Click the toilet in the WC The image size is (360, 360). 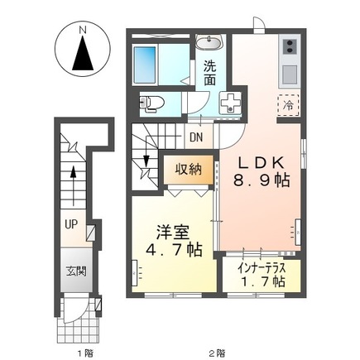[x=152, y=103]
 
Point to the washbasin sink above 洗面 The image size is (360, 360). [x=209, y=41]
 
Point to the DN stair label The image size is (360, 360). [x=197, y=138]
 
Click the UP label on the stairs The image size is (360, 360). [x=73, y=223]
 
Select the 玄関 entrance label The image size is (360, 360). [x=75, y=271]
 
